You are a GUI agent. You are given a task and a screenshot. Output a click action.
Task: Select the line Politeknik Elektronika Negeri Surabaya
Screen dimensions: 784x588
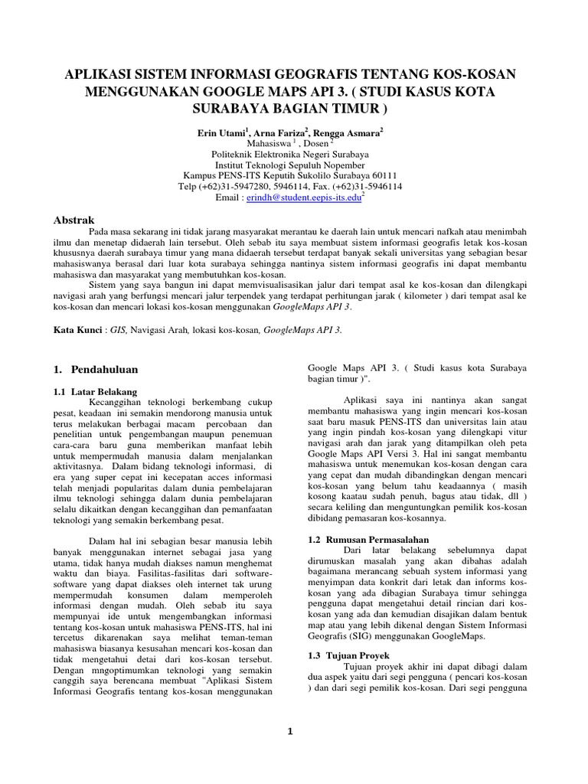pyautogui.click(x=294, y=154)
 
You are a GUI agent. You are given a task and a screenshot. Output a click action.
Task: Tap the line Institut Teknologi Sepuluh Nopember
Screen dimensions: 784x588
pyautogui.click(x=294, y=165)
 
